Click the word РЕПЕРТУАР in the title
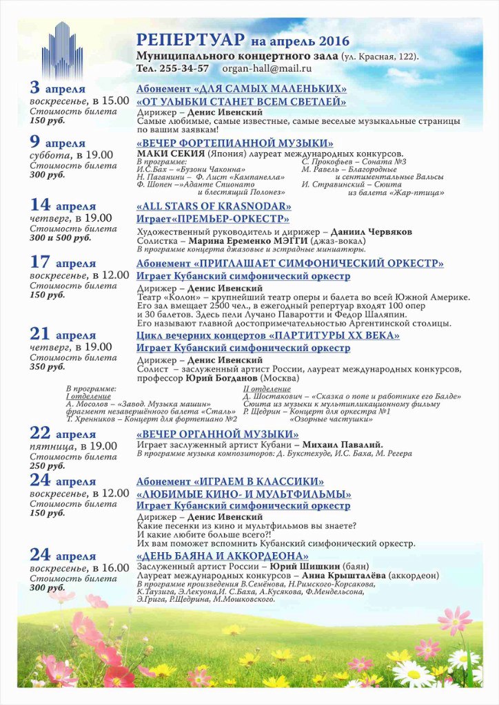(x=181, y=40)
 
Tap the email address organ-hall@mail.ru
(x=267, y=68)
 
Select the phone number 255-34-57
(x=183, y=68)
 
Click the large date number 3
(x=35, y=87)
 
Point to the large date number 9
(x=35, y=142)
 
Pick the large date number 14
(x=41, y=204)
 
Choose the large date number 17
(x=41, y=262)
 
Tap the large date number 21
(x=41, y=334)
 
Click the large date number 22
(x=41, y=432)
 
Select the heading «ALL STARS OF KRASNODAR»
(x=214, y=206)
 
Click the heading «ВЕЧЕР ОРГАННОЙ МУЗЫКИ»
(x=218, y=434)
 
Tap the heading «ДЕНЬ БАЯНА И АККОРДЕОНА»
(x=223, y=556)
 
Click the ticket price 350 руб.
(x=48, y=368)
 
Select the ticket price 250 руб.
(x=48, y=466)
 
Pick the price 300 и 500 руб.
(x=61, y=238)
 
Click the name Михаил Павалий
(x=343, y=445)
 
